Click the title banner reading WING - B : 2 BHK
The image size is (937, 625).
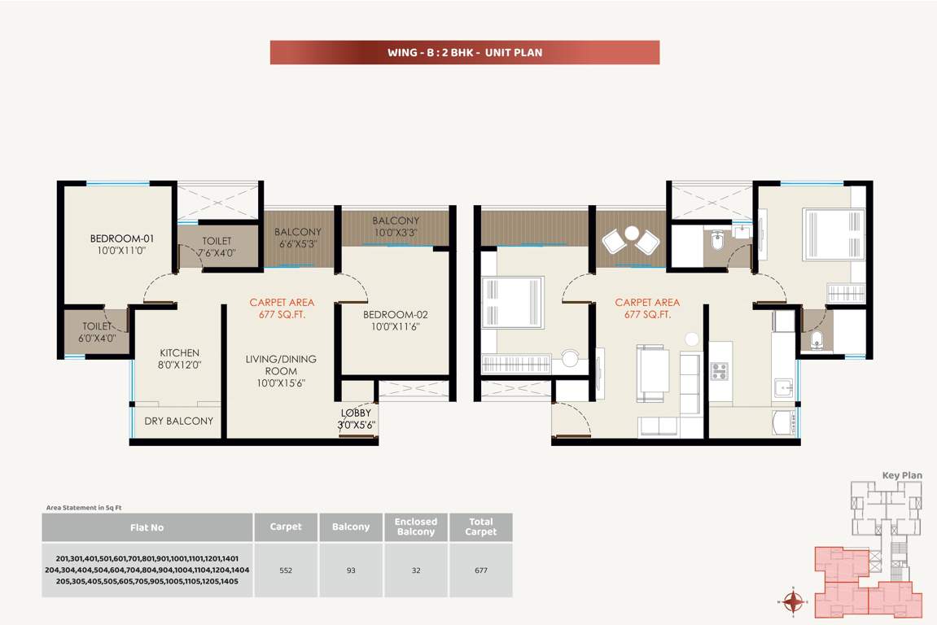(464, 53)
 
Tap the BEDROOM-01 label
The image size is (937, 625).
(122, 239)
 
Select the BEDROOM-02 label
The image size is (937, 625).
(395, 315)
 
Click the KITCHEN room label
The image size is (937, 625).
(179, 353)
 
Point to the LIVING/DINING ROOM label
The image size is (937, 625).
(281, 365)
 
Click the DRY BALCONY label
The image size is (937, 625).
(179, 421)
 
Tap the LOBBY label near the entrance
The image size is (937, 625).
(356, 413)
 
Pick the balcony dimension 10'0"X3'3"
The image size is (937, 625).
(396, 233)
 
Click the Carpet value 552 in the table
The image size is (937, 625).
(286, 570)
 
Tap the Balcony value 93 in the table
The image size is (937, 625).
(351, 570)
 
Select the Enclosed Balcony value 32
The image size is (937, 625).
(416, 570)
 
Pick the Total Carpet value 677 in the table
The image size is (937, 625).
(480, 570)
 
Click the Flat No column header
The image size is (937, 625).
(147, 527)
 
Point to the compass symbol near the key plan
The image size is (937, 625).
(793, 602)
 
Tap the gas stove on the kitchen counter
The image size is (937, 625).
(720, 371)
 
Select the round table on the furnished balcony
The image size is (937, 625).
(632, 234)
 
